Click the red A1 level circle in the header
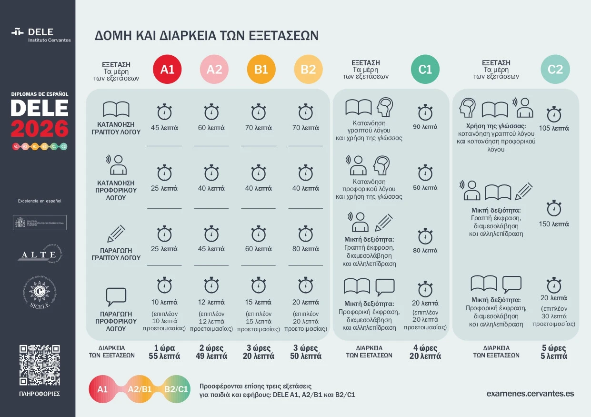[167, 70]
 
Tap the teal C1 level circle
[425, 70]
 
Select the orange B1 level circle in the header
[261, 70]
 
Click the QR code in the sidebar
[40, 365]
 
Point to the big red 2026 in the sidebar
[40, 129]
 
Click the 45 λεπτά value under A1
[164, 128]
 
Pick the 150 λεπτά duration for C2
[554, 224]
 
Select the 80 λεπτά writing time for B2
[305, 249]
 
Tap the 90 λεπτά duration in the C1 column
[425, 127]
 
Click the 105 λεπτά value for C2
[554, 128]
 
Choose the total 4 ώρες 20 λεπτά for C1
[425, 352]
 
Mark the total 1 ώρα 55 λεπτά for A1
[164, 352]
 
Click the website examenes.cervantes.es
[530, 394]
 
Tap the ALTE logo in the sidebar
[40, 254]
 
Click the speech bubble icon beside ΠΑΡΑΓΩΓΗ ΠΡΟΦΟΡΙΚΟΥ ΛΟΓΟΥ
[116, 296]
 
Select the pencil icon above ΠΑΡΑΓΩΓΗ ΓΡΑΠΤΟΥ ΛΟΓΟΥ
[116, 233]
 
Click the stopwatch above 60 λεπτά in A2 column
[211, 112]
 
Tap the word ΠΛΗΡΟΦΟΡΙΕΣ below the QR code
[40, 394]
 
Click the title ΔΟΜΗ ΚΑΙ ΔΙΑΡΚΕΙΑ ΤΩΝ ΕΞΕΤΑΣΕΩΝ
[206, 36]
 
